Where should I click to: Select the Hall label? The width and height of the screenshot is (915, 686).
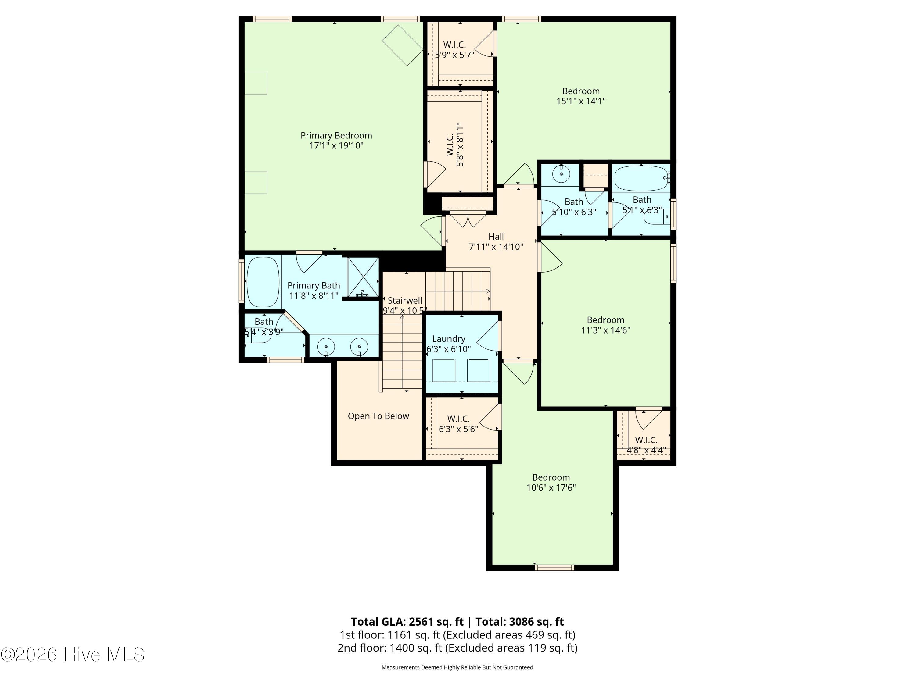point(496,237)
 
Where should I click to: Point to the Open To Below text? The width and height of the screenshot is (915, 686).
point(378,416)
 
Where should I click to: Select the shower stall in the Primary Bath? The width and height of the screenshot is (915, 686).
point(363,277)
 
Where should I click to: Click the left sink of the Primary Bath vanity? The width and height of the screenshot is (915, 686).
point(326,347)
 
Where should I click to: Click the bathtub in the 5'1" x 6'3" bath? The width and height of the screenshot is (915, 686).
point(641,178)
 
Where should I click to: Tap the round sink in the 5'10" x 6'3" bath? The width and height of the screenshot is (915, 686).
point(561,174)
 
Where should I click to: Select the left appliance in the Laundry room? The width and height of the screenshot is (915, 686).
point(444,370)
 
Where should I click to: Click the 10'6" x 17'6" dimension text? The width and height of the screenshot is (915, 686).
point(551,488)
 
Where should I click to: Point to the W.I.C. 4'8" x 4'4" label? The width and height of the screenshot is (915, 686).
point(646,445)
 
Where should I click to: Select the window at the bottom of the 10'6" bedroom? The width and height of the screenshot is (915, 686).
point(554,568)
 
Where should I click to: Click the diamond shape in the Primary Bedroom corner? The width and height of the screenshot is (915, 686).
point(403,45)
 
